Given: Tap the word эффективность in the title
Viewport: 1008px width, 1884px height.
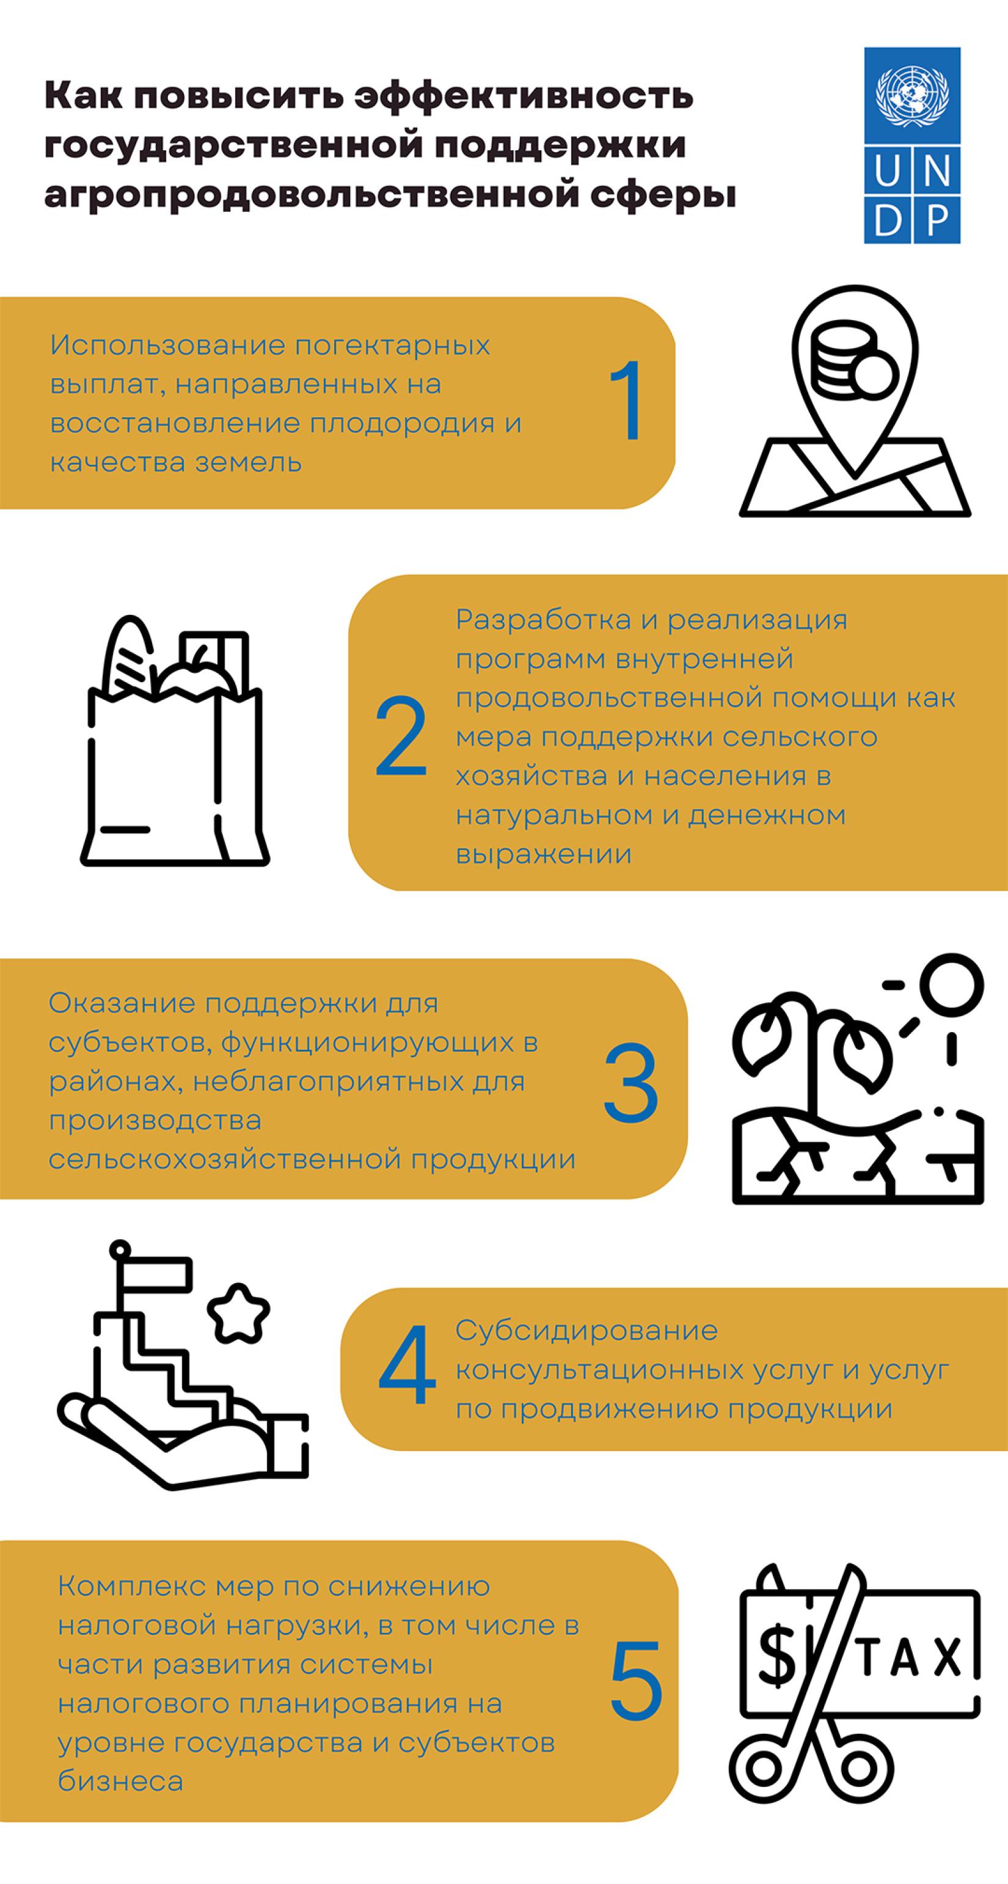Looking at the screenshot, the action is click(x=524, y=96).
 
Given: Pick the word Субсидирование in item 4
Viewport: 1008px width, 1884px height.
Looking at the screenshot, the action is click(x=586, y=1329).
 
